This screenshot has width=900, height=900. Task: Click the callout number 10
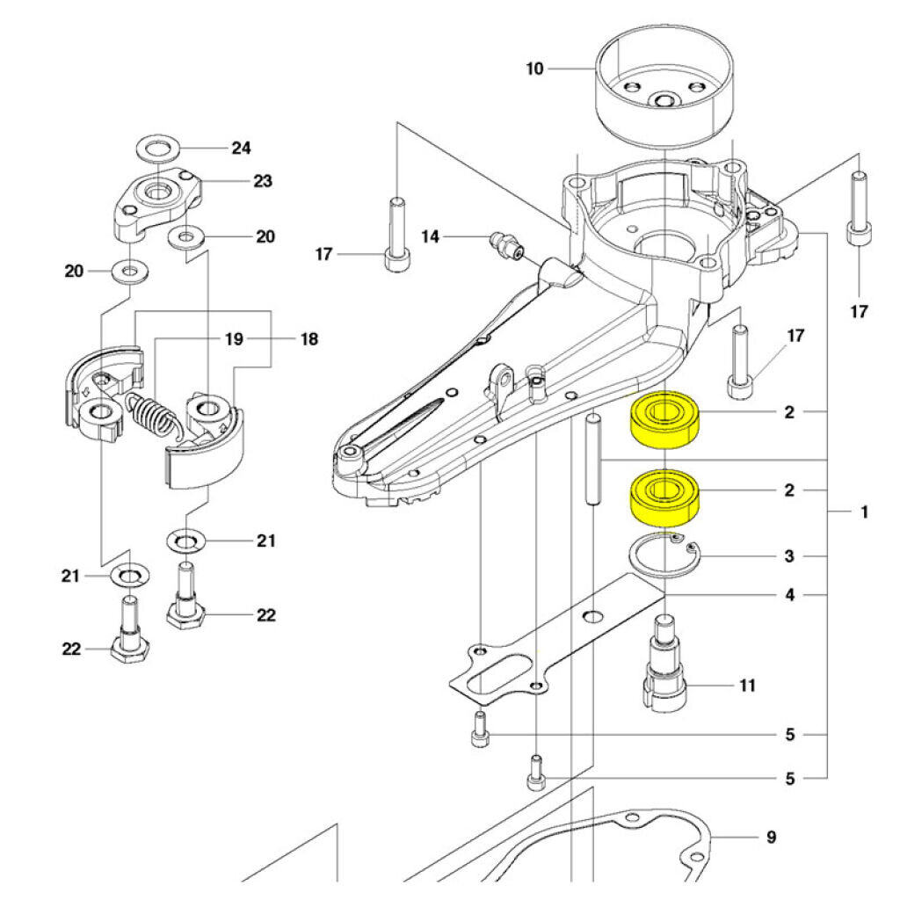pyautogui.click(x=535, y=68)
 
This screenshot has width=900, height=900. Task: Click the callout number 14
pyautogui.click(x=431, y=236)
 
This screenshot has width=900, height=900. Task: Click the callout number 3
pyautogui.click(x=789, y=556)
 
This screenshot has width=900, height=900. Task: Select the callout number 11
pyautogui.click(x=746, y=685)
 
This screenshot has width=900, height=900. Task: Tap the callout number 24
pyautogui.click(x=241, y=148)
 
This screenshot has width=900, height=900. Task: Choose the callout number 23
pyautogui.click(x=262, y=182)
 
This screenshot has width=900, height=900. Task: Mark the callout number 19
pyautogui.click(x=233, y=338)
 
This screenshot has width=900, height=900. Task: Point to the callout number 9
pyautogui.click(x=771, y=837)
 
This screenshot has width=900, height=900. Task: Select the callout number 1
pyautogui.click(x=864, y=511)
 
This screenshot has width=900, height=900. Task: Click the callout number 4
pyautogui.click(x=789, y=596)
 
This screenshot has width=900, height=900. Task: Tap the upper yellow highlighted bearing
pyautogui.click(x=664, y=417)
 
